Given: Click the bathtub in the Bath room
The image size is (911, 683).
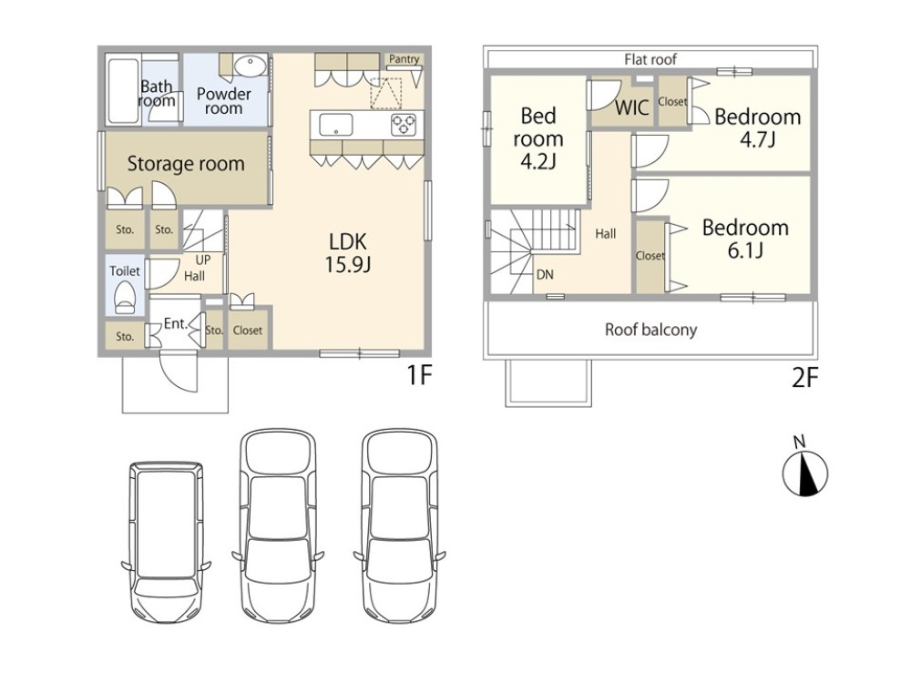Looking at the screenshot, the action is (x=123, y=90).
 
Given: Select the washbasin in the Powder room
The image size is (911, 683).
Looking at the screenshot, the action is (x=251, y=65).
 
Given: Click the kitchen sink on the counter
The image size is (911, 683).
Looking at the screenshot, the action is (x=336, y=125).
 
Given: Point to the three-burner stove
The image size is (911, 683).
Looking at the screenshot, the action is (x=404, y=125).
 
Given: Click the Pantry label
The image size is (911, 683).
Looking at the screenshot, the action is (x=404, y=59).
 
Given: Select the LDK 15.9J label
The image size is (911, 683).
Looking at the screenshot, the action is (x=348, y=252).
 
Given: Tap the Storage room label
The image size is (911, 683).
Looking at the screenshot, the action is (x=186, y=164).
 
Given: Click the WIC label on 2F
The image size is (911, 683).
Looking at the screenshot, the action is (x=632, y=108).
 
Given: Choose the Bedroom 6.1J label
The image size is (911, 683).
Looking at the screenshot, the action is (x=745, y=238).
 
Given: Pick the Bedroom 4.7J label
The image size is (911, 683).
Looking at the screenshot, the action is (x=758, y=127).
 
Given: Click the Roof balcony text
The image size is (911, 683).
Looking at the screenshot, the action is (x=650, y=330).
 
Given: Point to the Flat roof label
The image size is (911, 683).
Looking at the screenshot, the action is (x=650, y=59).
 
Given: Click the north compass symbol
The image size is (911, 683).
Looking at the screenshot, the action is (x=804, y=473).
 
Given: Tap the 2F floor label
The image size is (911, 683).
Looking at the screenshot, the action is (x=805, y=378).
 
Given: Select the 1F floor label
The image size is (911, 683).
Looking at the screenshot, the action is (x=419, y=375).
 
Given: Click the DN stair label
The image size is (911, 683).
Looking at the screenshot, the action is (x=545, y=275).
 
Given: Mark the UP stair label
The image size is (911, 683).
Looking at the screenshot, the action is (x=203, y=260).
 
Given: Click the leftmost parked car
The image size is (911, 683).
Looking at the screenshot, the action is (x=166, y=543).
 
